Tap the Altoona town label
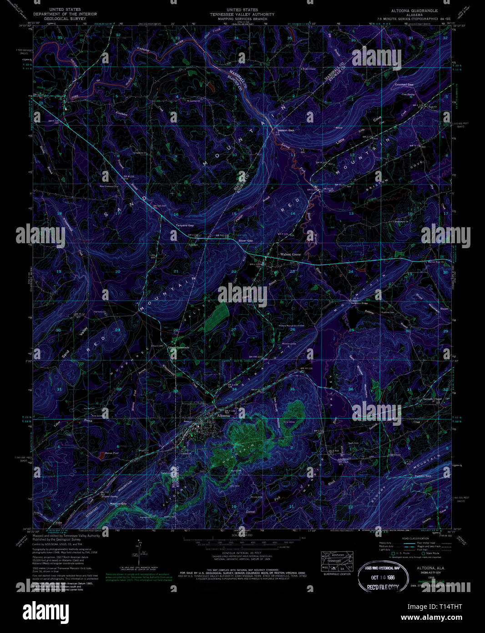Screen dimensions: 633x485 pyautogui.click(x=224, y=416)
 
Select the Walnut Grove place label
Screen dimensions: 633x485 pyautogui.click(x=290, y=254)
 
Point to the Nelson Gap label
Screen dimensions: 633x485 pyautogui.click(x=286, y=130)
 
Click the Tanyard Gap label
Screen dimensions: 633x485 pyautogui.click(x=185, y=225)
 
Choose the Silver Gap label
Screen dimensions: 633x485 pyautogui.click(x=246, y=240)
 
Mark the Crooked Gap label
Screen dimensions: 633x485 pyautogui.click(x=404, y=85)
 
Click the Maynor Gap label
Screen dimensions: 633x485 pyautogui.click(x=118, y=503)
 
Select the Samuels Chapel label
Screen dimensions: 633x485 pyautogui.click(x=432, y=399)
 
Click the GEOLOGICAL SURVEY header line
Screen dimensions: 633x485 pyautogui.click(x=64, y=19)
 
